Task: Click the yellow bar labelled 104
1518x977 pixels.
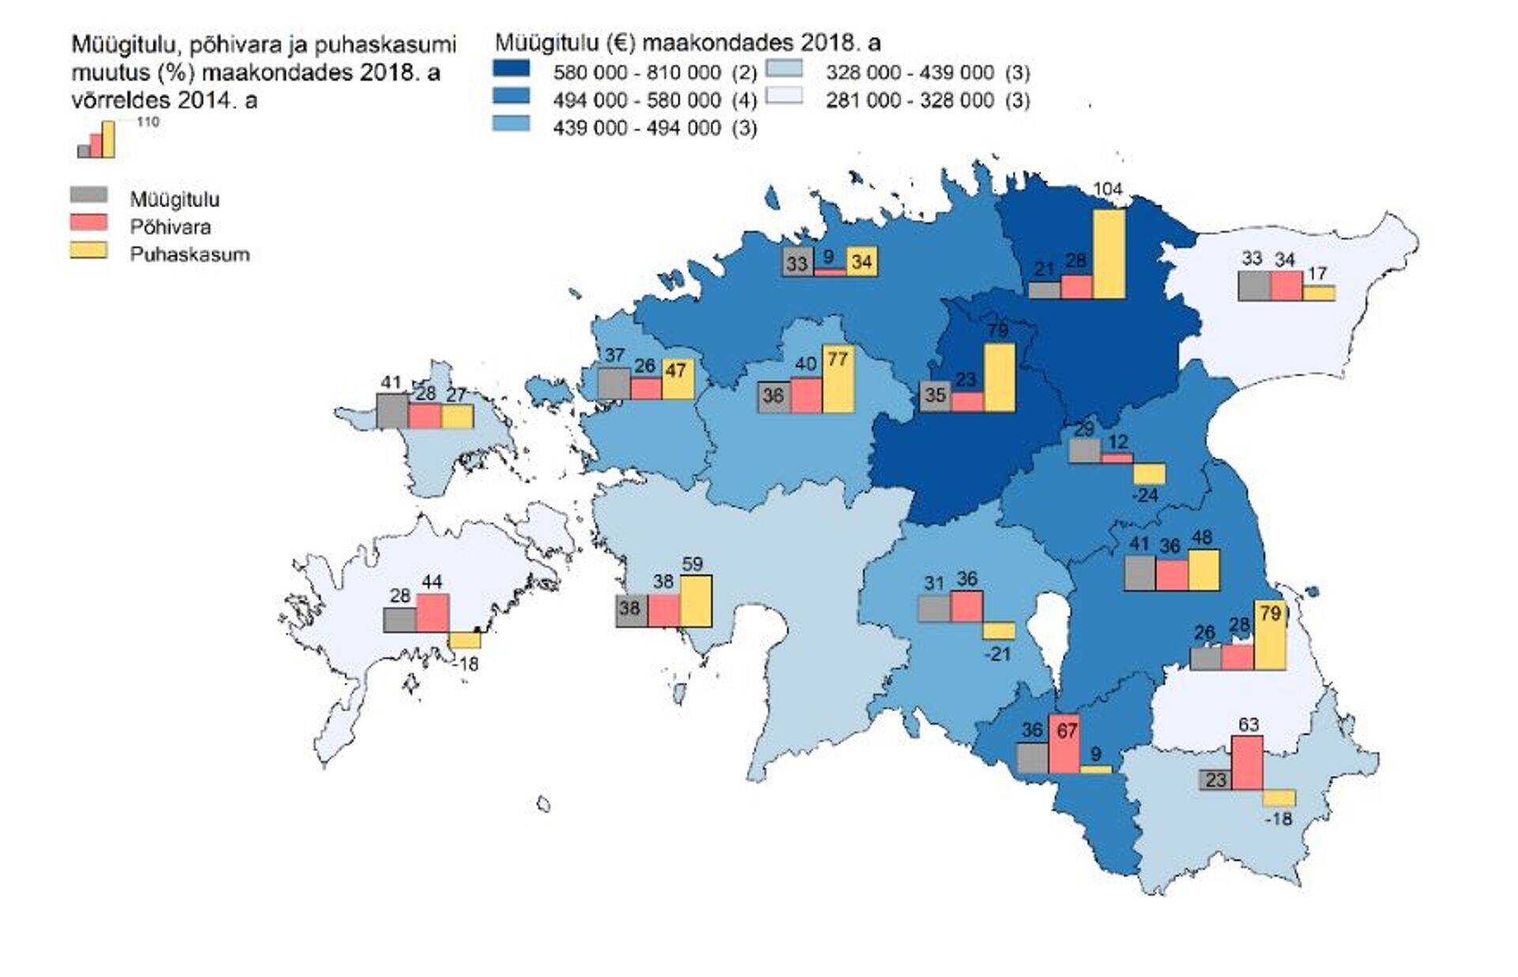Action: (1108, 254)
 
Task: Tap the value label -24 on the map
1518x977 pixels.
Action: (1145, 496)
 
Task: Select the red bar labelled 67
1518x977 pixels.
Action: (1064, 744)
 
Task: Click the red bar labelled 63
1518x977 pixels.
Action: (1248, 762)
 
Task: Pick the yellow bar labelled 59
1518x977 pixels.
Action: (696, 601)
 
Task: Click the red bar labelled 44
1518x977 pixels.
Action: (432, 613)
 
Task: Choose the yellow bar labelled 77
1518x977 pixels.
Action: (838, 379)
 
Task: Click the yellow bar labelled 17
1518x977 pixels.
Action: (1319, 292)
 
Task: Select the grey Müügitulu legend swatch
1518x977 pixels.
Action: (89, 194)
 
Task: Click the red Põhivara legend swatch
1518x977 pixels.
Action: (89, 222)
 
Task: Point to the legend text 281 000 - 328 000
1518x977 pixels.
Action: (909, 100)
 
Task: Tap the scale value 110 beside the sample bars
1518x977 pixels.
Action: (148, 122)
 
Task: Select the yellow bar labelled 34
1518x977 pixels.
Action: (862, 261)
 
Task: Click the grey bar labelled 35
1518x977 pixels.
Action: (935, 395)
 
